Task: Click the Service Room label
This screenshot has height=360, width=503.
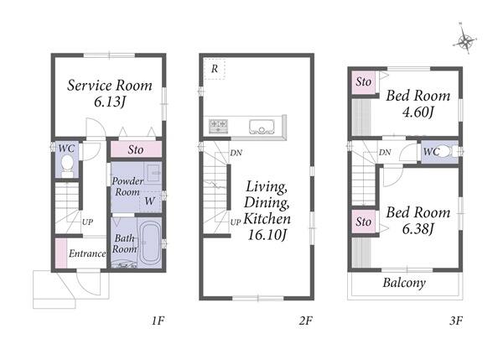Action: pos(110,86)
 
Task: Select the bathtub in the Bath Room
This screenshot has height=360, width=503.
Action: pos(149,243)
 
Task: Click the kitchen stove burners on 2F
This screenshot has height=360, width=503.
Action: pos(219,126)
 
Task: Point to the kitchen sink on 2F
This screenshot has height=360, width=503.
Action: pos(262,127)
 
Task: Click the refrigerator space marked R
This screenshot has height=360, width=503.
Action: pos(215,69)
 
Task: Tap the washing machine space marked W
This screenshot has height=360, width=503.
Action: pos(150,201)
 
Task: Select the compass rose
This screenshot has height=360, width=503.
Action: pos(464,39)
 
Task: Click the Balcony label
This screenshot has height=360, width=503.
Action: pos(404,283)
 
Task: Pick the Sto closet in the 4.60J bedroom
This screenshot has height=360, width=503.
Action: pos(364,82)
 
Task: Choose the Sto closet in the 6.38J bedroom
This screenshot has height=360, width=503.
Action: pos(364,222)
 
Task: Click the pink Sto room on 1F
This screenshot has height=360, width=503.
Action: pos(136,149)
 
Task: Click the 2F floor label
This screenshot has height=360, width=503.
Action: pos(305,321)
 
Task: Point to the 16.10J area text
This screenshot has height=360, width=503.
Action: pos(267,235)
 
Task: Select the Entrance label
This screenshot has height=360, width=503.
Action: pos(87,253)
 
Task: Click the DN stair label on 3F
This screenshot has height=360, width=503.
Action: pos(385,152)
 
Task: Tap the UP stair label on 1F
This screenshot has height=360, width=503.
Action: pos(87,222)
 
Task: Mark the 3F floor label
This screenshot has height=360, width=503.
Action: pos(456,321)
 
